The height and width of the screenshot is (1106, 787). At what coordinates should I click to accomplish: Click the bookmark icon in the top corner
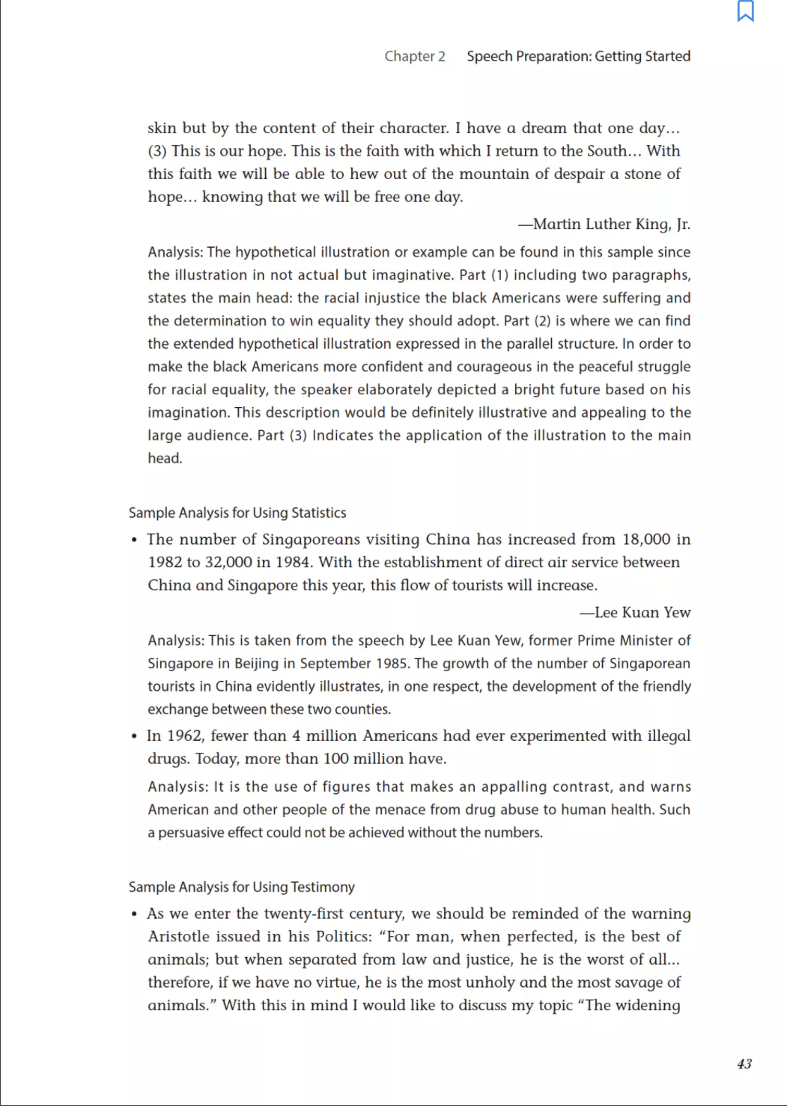(745, 11)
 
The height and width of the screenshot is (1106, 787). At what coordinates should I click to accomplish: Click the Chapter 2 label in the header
(415, 56)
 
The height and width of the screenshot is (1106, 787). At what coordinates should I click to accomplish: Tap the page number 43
(744, 1063)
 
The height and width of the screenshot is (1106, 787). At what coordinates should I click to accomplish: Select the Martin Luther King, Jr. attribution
(604, 224)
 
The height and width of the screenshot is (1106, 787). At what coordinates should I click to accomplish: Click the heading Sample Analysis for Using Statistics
(237, 513)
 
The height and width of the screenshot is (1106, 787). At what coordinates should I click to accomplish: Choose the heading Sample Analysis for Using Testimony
(242, 887)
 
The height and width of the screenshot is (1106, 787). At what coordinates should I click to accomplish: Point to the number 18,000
(646, 540)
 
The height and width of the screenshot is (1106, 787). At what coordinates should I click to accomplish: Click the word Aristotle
(179, 937)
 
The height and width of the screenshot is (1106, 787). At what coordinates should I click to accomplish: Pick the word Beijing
(257, 664)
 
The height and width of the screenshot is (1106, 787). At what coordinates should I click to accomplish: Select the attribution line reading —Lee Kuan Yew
(635, 613)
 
